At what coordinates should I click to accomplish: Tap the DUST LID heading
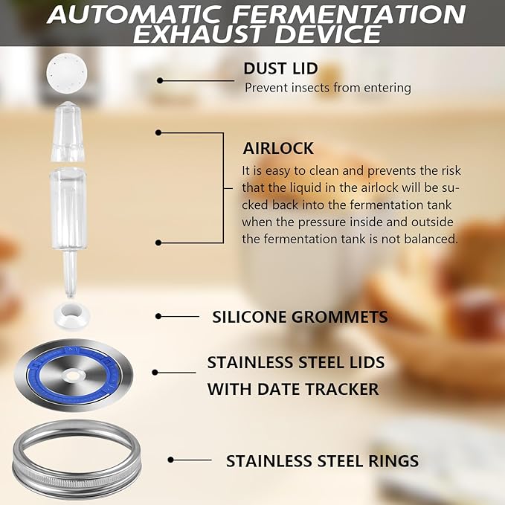pyautogui.click(x=280, y=68)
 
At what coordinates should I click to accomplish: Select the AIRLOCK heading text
pyautogui.click(x=278, y=148)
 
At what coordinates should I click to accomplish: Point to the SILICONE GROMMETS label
pyautogui.click(x=300, y=317)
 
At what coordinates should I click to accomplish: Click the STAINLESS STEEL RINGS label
pyautogui.click(x=322, y=461)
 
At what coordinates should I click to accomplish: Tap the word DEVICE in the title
pyautogui.click(x=324, y=34)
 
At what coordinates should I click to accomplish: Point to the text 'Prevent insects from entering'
pyautogui.click(x=327, y=88)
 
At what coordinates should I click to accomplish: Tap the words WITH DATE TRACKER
pyautogui.click(x=292, y=388)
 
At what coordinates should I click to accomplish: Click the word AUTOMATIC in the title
pyautogui.click(x=127, y=14)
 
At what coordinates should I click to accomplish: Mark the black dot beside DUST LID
pyautogui.click(x=160, y=80)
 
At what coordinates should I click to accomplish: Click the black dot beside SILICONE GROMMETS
pyautogui.click(x=158, y=316)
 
